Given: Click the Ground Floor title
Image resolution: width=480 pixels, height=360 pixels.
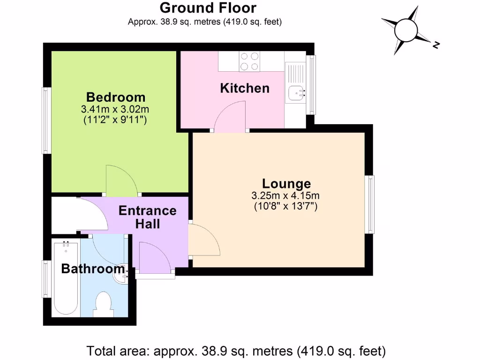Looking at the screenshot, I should (x=208, y=8).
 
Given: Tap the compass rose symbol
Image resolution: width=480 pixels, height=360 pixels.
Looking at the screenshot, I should (x=406, y=31).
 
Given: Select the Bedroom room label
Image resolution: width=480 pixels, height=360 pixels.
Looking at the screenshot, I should (x=116, y=97).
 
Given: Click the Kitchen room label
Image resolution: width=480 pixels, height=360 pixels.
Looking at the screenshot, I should (x=245, y=88).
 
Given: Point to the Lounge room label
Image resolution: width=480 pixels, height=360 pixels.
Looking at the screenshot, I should (x=286, y=184).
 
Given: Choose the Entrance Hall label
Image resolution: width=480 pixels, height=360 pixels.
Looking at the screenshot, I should (x=148, y=217).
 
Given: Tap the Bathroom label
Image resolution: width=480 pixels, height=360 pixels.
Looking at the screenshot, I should (x=93, y=269).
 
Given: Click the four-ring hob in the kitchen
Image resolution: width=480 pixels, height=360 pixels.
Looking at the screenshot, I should (x=250, y=61).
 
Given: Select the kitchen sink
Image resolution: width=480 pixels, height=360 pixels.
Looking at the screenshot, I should (x=296, y=93).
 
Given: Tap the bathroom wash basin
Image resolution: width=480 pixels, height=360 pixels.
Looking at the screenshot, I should (x=121, y=272).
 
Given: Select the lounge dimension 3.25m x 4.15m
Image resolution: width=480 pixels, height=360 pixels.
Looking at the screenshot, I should (x=286, y=196).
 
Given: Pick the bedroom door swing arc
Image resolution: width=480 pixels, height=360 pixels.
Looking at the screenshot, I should (x=121, y=180).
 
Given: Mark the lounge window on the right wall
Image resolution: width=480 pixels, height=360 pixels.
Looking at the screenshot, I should (x=370, y=204).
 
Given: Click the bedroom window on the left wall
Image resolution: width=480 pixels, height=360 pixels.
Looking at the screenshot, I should (x=46, y=120).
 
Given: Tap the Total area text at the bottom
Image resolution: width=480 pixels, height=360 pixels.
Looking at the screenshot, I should (x=237, y=350).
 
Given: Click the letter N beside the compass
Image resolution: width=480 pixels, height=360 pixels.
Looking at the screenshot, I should (x=436, y=45).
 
